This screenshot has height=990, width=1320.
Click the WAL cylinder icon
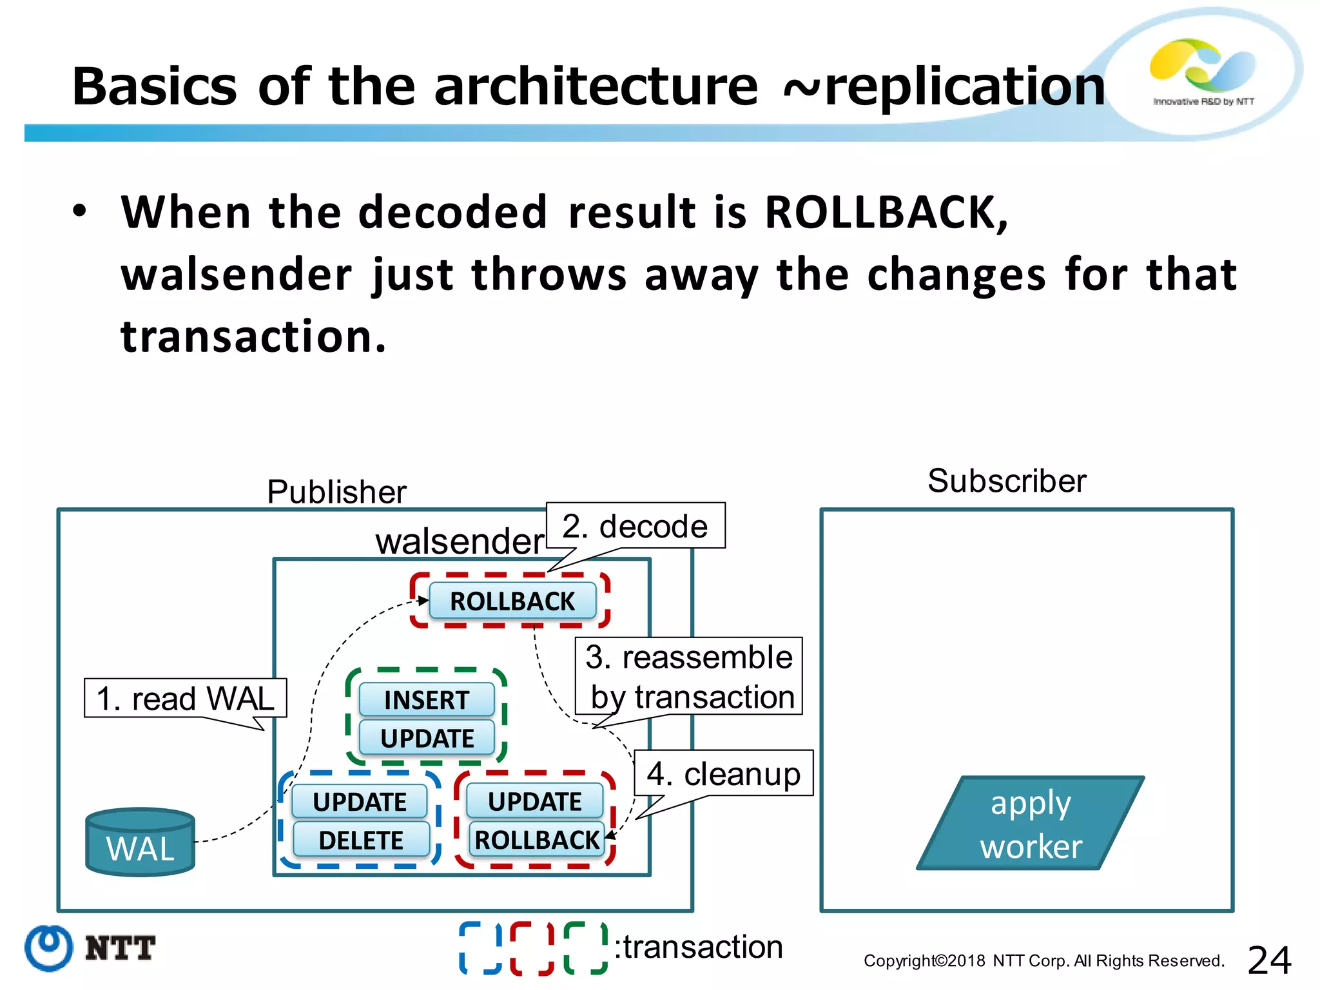pos(140,842)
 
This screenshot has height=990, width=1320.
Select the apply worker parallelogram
pos(1031,824)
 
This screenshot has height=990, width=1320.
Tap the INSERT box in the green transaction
pos(426,700)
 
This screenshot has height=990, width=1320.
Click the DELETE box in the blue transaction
pos(361,840)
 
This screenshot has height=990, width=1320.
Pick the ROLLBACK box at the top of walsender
pos(512,601)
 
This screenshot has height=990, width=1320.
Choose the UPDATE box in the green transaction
pos(427,738)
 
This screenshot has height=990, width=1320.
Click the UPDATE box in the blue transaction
pos(360,802)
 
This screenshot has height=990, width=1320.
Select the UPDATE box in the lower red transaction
pos(534,801)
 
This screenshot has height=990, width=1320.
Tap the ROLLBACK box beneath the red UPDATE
pos(536,839)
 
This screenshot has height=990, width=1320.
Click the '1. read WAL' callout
pos(185,698)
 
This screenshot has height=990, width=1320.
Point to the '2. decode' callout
pos(635,526)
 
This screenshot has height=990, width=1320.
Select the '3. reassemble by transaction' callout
pos(689,676)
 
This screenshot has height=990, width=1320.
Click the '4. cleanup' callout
pos(723,773)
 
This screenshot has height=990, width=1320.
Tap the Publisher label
pos(336,492)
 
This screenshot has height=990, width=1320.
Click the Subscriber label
pos(1007,481)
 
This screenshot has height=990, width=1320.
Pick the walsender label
pos(459,541)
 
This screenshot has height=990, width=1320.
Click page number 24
pos(1269,960)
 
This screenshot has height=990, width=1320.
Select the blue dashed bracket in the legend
pos(480,947)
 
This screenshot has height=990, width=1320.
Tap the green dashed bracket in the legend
pos(585,947)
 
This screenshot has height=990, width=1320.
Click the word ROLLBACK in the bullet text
pos(886,212)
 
